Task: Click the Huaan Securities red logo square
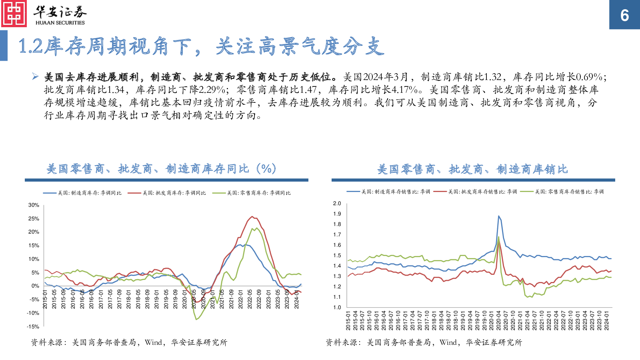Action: (14, 14)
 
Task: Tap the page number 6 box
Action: (624, 15)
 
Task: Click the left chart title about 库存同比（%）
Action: (161, 169)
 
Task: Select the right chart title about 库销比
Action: (472, 169)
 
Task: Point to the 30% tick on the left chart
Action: (34, 205)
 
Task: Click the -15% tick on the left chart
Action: (33, 327)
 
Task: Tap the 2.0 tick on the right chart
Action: (337, 204)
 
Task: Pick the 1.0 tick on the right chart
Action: (337, 308)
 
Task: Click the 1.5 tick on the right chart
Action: (337, 256)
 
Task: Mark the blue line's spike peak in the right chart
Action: (498, 216)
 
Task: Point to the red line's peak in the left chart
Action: (252, 217)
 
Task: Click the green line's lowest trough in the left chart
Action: (196, 319)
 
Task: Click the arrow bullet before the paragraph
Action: (35, 76)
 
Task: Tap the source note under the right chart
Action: (424, 342)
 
